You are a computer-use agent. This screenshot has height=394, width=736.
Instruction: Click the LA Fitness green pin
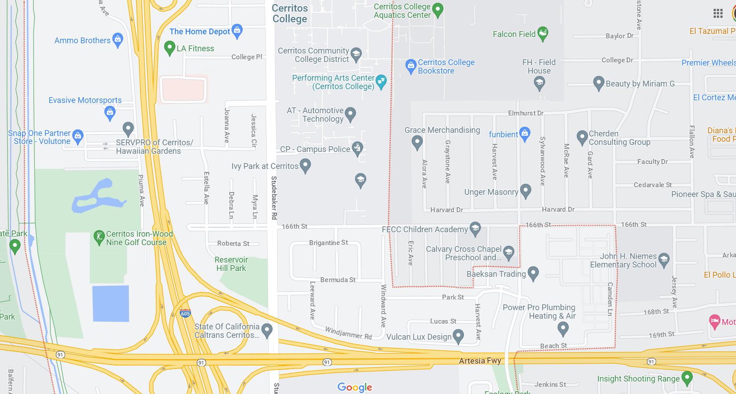[x=169, y=47]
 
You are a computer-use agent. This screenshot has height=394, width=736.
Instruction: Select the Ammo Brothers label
[x=82, y=40]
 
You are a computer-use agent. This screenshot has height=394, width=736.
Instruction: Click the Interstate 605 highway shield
[x=186, y=313]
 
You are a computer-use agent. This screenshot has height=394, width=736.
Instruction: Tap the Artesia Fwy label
[x=480, y=361]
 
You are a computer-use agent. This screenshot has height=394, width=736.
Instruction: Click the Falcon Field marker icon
[x=543, y=33]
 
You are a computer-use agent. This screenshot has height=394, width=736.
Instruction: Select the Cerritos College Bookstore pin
[x=411, y=66]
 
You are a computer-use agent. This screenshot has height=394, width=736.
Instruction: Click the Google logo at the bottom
[x=355, y=387]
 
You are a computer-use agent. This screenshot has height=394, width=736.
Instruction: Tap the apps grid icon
[x=718, y=13]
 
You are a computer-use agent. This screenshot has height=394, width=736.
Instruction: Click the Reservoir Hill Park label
[x=231, y=264]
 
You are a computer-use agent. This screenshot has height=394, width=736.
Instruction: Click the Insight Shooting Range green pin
[x=687, y=378]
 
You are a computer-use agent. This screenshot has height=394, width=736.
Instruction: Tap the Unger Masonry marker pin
[x=525, y=191]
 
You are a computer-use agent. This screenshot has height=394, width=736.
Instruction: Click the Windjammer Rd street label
[x=348, y=333]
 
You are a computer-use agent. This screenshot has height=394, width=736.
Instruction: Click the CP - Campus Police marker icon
[x=357, y=148]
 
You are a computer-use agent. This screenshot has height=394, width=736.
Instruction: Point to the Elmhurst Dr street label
[x=525, y=113]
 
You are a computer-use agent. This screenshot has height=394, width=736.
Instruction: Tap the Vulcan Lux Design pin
[x=458, y=336]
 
